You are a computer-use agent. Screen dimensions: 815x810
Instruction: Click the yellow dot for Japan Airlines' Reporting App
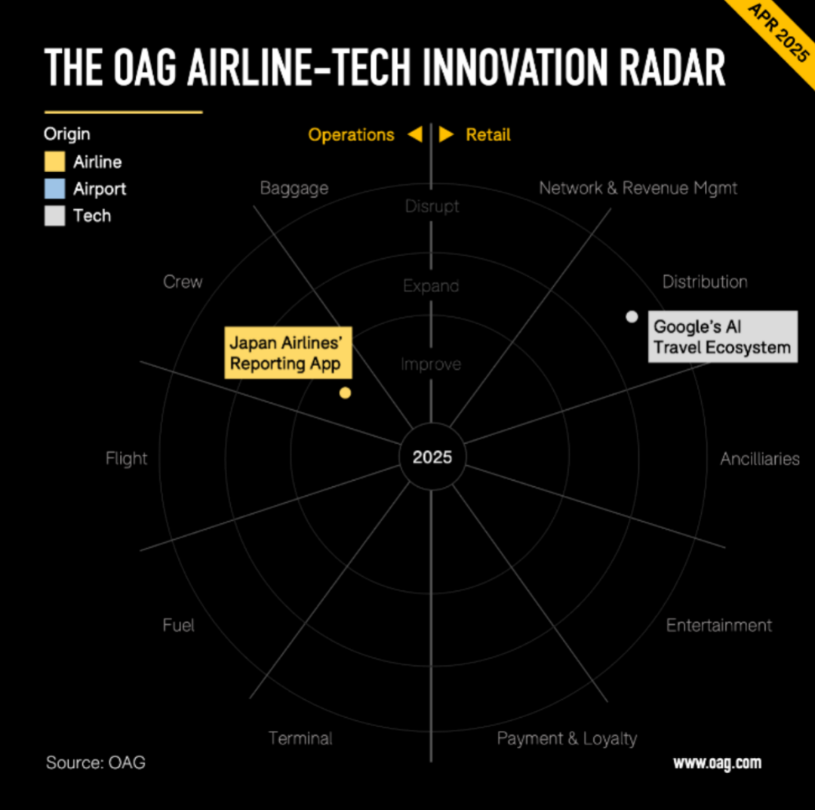[x=345, y=393]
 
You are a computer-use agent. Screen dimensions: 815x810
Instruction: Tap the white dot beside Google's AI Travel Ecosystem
[x=632, y=316]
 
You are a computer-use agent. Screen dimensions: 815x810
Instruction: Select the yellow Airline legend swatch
[x=54, y=162]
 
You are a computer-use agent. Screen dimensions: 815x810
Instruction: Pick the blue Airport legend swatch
[x=54, y=189]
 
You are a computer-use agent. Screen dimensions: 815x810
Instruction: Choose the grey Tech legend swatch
[x=54, y=216]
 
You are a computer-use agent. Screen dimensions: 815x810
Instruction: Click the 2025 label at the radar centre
[x=432, y=457]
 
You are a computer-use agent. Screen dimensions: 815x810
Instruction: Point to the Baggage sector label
[x=294, y=188]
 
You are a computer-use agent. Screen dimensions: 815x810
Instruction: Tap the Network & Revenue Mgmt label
[x=638, y=188]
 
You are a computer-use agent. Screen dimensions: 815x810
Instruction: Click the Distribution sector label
[x=705, y=282]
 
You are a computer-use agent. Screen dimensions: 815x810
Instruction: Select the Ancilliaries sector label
[x=760, y=458]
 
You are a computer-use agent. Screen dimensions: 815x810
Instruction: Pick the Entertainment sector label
[x=719, y=625]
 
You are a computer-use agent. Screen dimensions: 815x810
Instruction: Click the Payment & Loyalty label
[x=567, y=739]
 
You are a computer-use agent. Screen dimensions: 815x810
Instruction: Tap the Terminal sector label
[x=300, y=738]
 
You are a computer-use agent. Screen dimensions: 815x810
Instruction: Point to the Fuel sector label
[x=178, y=625]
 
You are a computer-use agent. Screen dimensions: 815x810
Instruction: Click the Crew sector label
[x=183, y=282]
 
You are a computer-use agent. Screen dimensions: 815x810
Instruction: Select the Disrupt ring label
[x=432, y=207]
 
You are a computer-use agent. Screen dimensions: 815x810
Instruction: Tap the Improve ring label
[x=431, y=364]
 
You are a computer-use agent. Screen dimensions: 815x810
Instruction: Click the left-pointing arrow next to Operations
[x=415, y=134]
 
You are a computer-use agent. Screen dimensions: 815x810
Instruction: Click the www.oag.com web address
[x=718, y=762]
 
